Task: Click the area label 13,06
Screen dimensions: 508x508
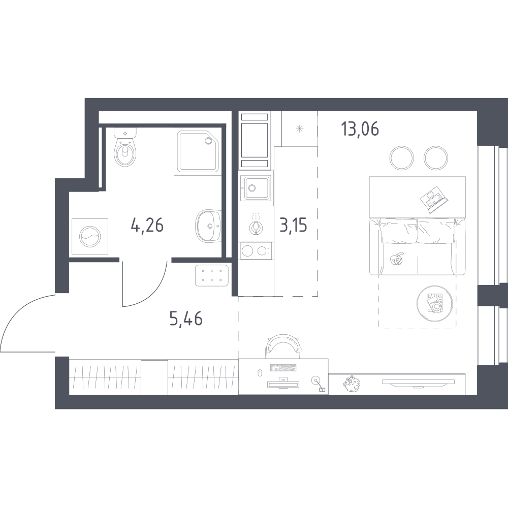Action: point(360,129)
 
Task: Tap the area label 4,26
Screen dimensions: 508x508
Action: point(147,225)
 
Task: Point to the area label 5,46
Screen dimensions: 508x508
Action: point(186,319)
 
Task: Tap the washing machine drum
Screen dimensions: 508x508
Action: point(90,237)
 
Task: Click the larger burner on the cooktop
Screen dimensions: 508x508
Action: point(247,251)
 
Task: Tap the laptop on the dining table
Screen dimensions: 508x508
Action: point(434,199)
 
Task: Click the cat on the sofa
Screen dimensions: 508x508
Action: point(397,259)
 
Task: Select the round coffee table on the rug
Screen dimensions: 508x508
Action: point(435,304)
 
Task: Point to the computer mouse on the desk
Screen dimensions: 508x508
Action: point(260,373)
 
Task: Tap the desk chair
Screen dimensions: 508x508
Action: point(284,346)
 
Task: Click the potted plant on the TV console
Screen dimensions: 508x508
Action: point(352,384)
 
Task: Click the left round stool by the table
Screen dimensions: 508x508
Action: point(401,158)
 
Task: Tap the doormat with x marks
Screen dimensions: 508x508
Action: point(211,275)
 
